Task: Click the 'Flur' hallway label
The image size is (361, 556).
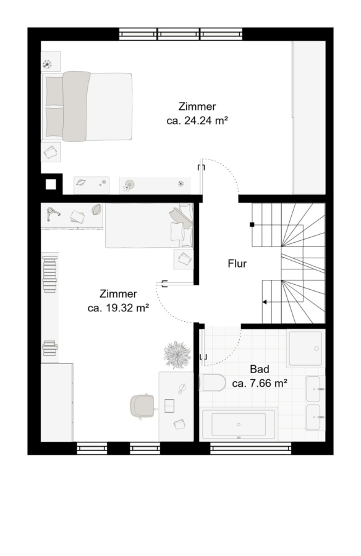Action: (237, 264)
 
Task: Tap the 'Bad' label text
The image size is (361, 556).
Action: (260, 369)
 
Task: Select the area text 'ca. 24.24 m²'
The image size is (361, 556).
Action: (197, 120)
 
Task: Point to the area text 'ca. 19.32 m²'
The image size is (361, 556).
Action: (118, 308)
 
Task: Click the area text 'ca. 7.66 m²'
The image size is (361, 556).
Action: (260, 383)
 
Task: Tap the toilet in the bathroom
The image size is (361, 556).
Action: (212, 382)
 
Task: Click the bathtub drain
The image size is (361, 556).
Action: (239, 424)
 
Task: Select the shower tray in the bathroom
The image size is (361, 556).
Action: (305, 348)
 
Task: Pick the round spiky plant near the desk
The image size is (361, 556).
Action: (176, 355)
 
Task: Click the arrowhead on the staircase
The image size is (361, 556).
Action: (265, 302)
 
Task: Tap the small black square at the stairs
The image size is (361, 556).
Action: (252, 224)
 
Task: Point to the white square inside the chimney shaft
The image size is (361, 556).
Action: (51, 184)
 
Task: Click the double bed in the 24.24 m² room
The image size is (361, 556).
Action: (87, 107)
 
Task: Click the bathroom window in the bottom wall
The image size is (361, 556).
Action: (250, 449)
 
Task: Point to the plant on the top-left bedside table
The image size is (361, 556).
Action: (47, 64)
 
